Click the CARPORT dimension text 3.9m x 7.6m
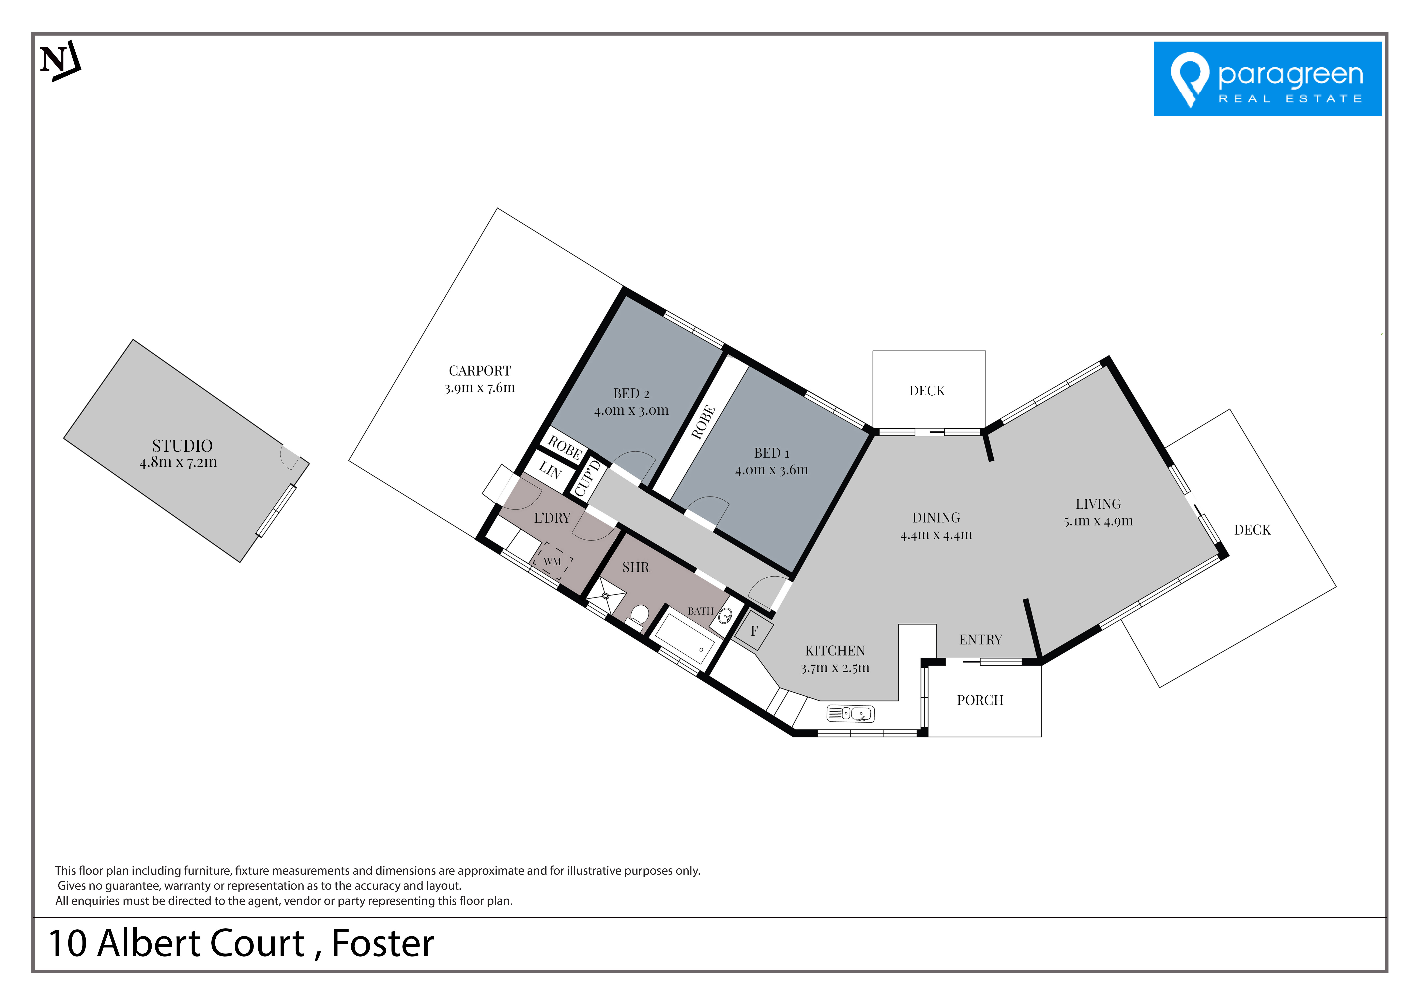[x=479, y=388]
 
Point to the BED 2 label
[x=631, y=393]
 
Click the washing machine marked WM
[x=552, y=562]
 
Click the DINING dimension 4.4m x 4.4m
[x=936, y=535]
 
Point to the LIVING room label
[x=1098, y=504]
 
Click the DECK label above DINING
[x=927, y=391]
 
